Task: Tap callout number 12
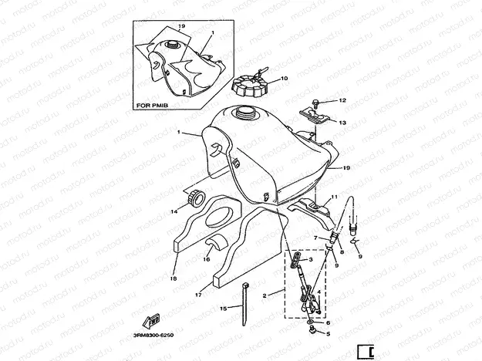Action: point(343,100)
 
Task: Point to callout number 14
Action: point(174,210)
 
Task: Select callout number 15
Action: point(222,309)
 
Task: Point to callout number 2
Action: point(264,295)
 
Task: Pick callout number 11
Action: point(335,197)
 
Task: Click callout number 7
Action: point(315,238)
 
